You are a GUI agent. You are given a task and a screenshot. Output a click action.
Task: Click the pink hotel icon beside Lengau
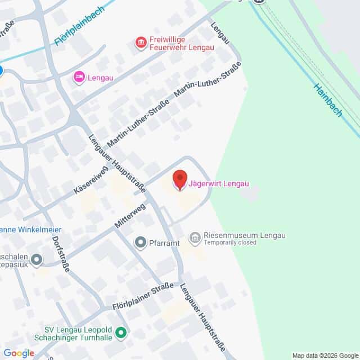pyautogui.click(x=79, y=77)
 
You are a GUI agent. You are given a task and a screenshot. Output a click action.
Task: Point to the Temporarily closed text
pyautogui.click(x=230, y=243)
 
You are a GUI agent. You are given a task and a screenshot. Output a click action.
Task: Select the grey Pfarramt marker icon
pyautogui.click(x=140, y=242)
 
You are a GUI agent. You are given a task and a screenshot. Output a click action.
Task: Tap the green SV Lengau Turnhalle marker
pyautogui.click(x=120, y=334)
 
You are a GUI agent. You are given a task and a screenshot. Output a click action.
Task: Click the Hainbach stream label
pyautogui.click(x=328, y=100)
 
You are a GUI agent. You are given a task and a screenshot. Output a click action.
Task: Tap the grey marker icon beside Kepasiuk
pyautogui.click(x=37, y=259)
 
